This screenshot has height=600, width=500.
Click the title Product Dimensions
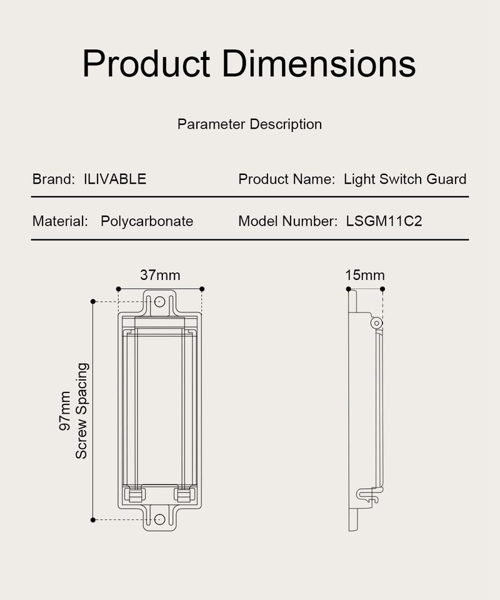tap(249, 64)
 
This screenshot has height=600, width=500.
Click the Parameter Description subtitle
tap(249, 124)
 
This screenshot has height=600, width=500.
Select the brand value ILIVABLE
tap(115, 179)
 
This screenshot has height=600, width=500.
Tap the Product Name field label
tap(287, 179)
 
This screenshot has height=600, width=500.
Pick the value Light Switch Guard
tap(405, 179)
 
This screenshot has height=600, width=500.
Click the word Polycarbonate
tap(147, 221)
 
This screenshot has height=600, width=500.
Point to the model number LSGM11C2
tap(384, 221)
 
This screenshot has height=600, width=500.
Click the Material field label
tap(60, 221)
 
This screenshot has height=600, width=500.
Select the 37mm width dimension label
tap(160, 275)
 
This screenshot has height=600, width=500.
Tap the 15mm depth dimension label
tap(365, 275)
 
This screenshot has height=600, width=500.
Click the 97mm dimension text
tap(65, 411)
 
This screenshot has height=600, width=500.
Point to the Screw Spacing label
tap(81, 411)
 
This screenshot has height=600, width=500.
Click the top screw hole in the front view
tap(159, 302)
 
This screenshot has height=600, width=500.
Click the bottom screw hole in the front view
tap(159, 519)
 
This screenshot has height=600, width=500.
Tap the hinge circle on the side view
tap(376, 322)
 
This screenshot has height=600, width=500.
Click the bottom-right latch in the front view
tap(184, 495)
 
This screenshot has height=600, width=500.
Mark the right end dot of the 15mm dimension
tap(382, 289)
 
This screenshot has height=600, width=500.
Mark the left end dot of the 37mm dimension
tap(117, 289)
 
